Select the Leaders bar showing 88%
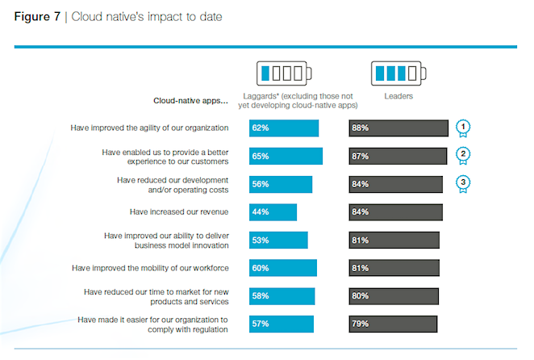398,128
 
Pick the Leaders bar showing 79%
393,324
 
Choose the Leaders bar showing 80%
394,296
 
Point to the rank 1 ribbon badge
463,128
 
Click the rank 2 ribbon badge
463,155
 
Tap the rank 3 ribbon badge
463,183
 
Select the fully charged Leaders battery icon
396,74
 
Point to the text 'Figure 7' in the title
36,16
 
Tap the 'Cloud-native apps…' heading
191,102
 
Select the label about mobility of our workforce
150,268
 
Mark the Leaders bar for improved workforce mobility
394,268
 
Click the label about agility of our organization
150,128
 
